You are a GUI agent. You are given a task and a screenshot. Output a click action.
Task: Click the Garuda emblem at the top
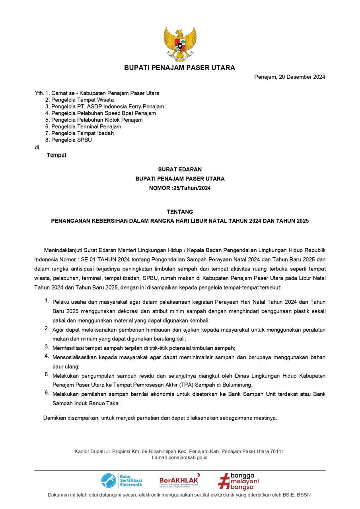pos(180,44)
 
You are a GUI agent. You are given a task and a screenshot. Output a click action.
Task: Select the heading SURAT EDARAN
pos(180,169)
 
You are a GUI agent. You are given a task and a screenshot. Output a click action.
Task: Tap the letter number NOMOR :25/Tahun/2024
pos(180,188)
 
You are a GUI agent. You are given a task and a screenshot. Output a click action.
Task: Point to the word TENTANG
pos(180,212)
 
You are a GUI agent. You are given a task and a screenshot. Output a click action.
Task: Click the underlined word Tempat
pos(56,155)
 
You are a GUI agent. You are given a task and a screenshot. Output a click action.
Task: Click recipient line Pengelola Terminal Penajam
pos(86,126)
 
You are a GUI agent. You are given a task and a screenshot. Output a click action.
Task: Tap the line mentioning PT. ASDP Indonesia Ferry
pos(107,107)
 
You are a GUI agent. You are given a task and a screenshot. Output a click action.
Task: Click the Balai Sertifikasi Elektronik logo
pos(121,480)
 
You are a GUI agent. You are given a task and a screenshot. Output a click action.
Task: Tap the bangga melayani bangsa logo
pos(238,481)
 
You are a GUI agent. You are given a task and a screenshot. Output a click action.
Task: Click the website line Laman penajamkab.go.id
pos(179,457)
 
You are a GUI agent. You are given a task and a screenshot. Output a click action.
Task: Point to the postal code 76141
pos(277,451)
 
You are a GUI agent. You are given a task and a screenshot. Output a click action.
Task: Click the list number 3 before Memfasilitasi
pos(47,347)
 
